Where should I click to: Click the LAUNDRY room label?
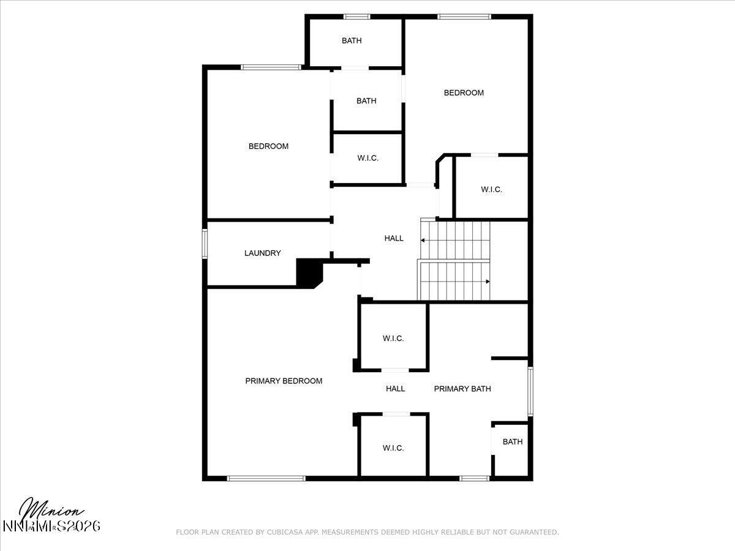click(262, 253)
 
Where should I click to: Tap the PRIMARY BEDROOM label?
click(284, 381)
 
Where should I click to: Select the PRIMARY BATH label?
click(462, 389)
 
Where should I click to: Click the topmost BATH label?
click(352, 41)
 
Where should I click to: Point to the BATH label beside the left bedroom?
click(366, 101)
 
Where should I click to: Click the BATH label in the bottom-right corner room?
click(513, 441)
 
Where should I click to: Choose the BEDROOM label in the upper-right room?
click(464, 93)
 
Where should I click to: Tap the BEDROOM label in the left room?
click(268, 146)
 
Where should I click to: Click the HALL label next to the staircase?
click(394, 238)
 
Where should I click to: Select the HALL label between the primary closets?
click(395, 389)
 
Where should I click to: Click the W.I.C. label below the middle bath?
click(368, 158)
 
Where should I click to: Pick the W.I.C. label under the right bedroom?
click(491, 190)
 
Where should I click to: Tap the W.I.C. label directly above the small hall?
click(393, 339)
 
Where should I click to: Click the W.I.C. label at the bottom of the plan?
click(393, 448)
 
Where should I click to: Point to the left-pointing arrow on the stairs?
click(423, 241)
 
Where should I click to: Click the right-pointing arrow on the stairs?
click(487, 282)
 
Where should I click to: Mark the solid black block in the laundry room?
click(308, 272)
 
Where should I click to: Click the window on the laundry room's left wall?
click(205, 244)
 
